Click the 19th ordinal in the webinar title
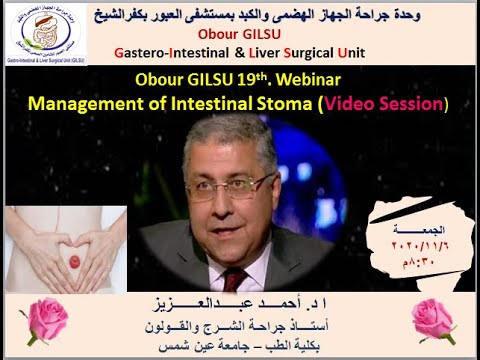(254, 79)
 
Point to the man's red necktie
(235, 279)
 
